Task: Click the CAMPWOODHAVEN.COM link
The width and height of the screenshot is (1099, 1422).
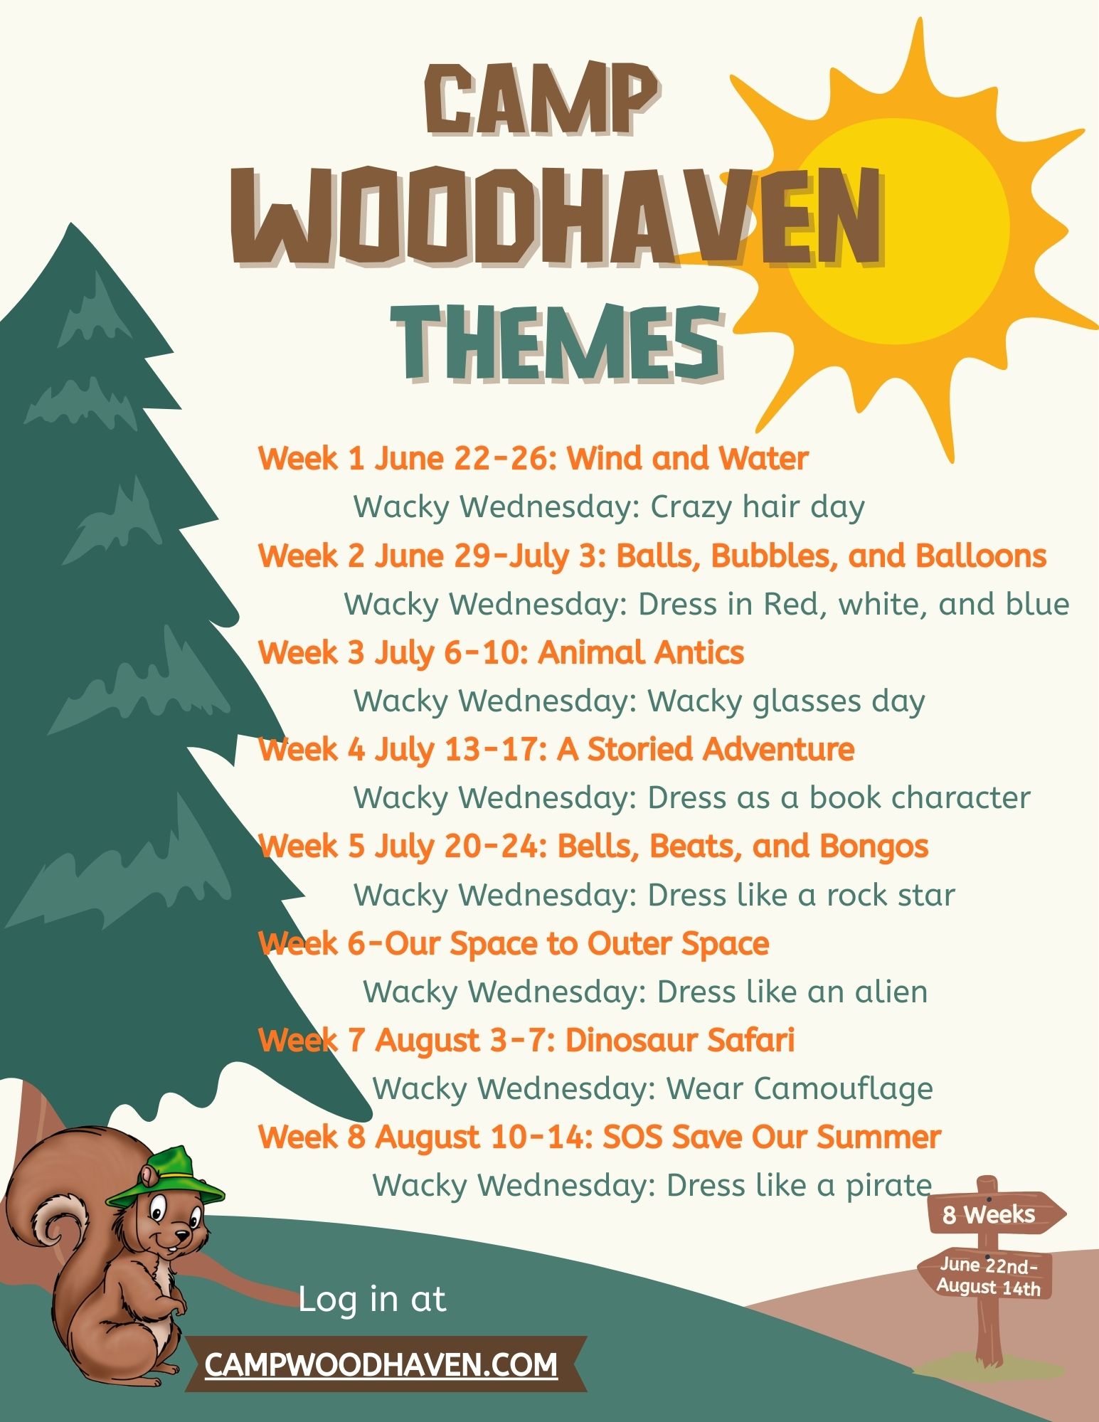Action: (381, 1364)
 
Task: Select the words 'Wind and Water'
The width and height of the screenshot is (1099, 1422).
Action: (688, 458)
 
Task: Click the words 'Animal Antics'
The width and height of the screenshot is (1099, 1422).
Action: (641, 652)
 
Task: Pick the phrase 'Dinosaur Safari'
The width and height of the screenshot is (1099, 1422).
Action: (680, 1041)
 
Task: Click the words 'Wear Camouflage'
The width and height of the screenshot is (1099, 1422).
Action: (800, 1089)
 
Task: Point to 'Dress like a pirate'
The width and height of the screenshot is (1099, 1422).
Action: (800, 1186)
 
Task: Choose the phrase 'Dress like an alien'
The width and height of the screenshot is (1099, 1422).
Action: (792, 992)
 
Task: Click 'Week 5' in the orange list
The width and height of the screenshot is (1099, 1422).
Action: (312, 847)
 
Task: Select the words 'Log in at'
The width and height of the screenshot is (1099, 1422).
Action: (372, 1299)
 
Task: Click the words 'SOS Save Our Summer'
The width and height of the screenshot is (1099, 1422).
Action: (772, 1137)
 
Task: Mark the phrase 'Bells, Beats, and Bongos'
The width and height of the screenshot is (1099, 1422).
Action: (743, 847)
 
